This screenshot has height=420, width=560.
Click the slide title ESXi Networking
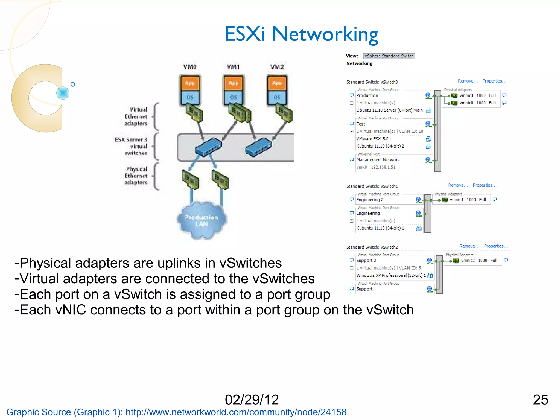[301, 34]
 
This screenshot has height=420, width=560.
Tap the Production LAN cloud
[202, 221]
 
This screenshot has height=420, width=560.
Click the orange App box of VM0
[190, 83]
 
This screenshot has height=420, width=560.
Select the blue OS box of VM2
[277, 97]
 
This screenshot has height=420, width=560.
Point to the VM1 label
[233, 67]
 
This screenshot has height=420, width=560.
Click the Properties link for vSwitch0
[494, 81]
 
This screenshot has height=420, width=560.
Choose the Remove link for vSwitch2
[469, 246]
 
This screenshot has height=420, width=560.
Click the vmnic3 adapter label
[466, 95]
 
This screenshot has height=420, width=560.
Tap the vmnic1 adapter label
[456, 200]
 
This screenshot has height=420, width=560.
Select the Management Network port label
[378, 160]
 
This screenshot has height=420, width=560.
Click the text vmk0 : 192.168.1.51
[376, 167]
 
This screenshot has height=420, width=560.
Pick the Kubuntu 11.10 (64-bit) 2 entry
[380, 146]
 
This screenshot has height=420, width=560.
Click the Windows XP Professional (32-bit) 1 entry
[391, 275]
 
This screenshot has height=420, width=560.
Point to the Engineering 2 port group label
[370, 200]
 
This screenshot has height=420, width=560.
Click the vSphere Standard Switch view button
[389, 56]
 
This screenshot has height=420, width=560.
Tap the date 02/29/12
[252, 400]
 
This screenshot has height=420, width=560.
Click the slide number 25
[540, 400]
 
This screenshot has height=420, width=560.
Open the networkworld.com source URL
[236, 412]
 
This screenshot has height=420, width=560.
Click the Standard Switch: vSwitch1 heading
[372, 186]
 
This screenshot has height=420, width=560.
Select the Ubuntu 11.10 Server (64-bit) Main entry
[389, 110]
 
